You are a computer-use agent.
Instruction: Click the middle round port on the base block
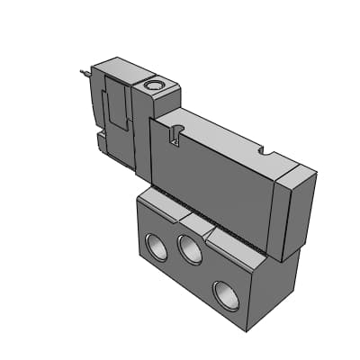click(x=189, y=249)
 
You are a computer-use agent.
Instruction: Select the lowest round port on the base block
click(x=225, y=293)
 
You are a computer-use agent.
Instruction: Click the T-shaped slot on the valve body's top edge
click(x=175, y=136)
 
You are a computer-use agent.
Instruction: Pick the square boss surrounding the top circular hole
click(x=157, y=89)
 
